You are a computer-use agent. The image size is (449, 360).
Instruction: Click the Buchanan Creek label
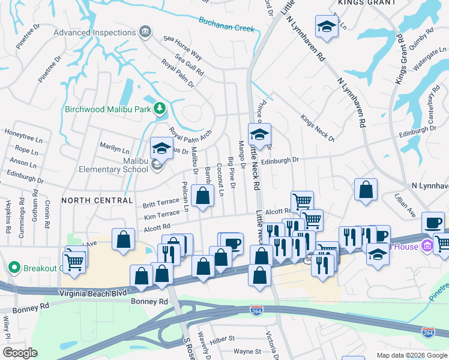[x=228, y=24]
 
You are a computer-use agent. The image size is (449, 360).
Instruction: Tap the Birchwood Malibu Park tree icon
[x=159, y=108]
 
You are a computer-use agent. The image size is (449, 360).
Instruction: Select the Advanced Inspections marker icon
[x=144, y=31]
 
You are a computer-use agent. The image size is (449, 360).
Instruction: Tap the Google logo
[x=20, y=353]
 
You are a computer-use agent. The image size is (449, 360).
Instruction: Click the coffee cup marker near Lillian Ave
[x=433, y=223]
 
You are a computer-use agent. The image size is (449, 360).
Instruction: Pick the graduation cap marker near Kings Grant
[x=327, y=26]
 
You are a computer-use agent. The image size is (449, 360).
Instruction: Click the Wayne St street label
[x=247, y=352]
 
